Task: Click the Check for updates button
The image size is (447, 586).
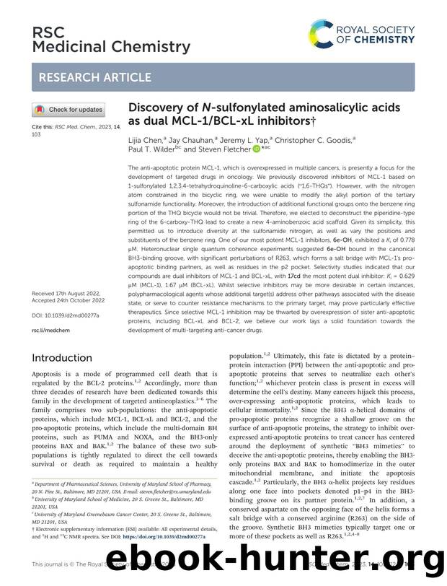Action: point(68,110)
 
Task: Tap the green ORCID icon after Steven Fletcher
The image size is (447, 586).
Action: point(256,150)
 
